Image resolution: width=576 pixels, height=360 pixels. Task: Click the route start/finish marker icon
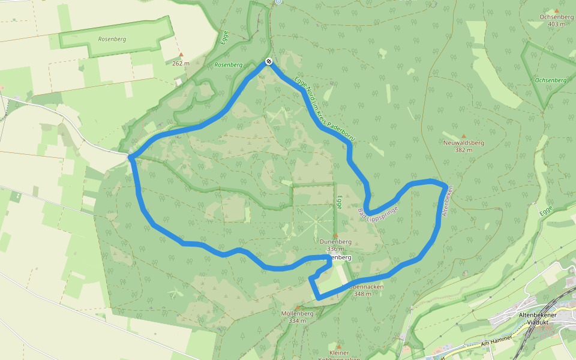click(268, 61)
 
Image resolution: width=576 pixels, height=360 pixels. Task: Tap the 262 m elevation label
click(181, 63)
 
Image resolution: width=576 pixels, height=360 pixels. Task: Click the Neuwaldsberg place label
click(463, 143)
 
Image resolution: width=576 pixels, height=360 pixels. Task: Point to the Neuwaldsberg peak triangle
click(463, 136)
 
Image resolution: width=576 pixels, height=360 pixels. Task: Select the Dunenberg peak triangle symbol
click(335, 235)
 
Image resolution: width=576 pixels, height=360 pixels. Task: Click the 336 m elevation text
click(335, 249)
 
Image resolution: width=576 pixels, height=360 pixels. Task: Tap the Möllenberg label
click(297, 314)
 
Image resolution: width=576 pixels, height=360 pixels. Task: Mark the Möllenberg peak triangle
click(297, 307)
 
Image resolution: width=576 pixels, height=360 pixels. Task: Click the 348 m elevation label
click(363, 294)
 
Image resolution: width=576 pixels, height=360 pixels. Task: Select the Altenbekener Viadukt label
click(538, 318)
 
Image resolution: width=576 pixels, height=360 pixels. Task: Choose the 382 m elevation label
click(463, 150)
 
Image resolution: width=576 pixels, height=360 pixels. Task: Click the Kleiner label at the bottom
click(338, 353)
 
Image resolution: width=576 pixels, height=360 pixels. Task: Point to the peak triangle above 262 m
click(181, 55)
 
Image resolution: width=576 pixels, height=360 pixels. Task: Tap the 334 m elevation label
click(297, 321)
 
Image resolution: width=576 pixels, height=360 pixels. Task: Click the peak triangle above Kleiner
click(338, 346)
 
